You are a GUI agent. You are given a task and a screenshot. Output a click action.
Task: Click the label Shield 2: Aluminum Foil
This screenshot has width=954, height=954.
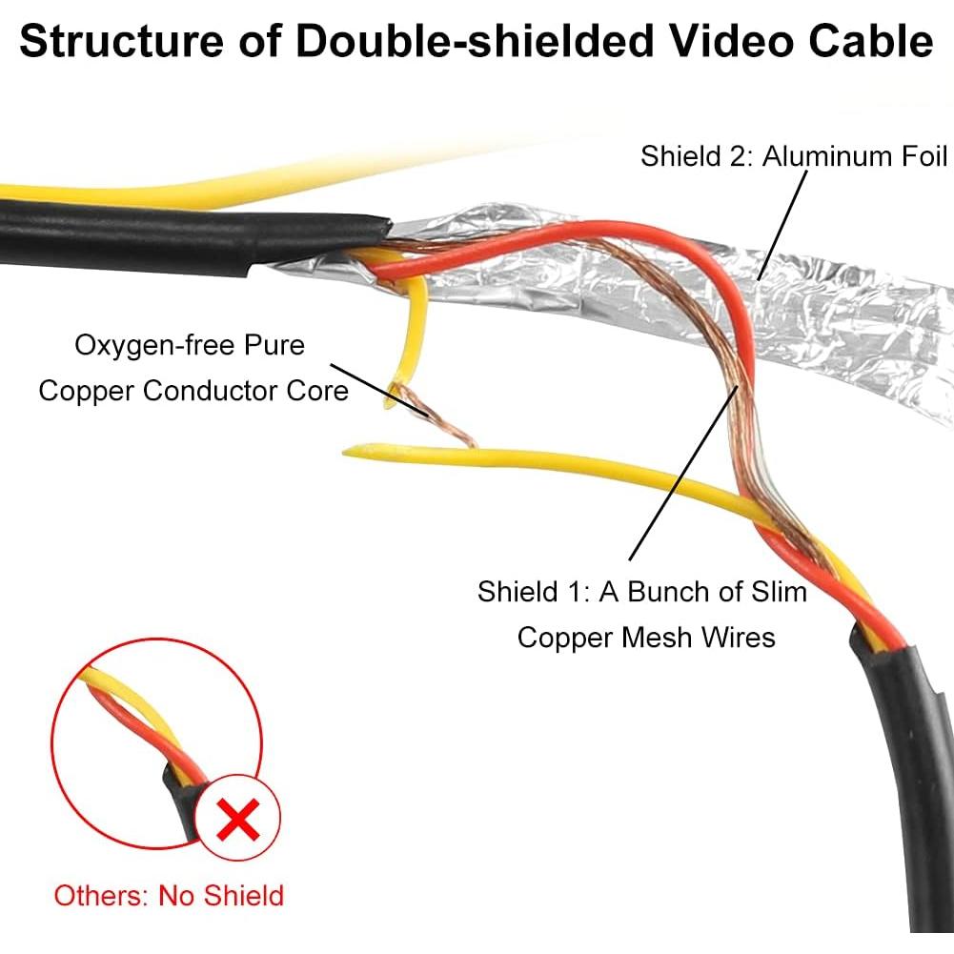[x=794, y=155]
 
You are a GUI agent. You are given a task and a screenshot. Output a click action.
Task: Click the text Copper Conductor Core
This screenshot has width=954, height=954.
[x=193, y=390]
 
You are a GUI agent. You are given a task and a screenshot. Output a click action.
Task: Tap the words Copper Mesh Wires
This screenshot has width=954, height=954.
[x=645, y=637]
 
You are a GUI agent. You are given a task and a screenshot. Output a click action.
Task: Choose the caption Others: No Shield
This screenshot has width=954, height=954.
[x=169, y=896]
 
